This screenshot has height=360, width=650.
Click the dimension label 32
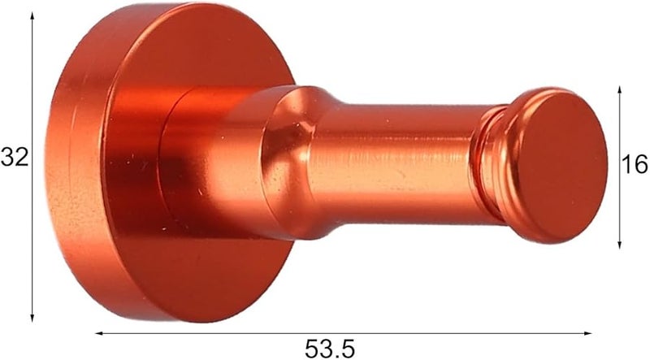coord(14,157)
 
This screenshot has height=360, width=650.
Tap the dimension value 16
coord(634,166)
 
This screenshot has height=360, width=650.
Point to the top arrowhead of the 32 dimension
coord(33,16)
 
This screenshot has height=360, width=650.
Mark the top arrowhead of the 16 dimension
coord(619,87)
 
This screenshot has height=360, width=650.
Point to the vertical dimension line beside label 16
coord(619,203)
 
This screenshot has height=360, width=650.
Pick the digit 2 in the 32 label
coord(20,157)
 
